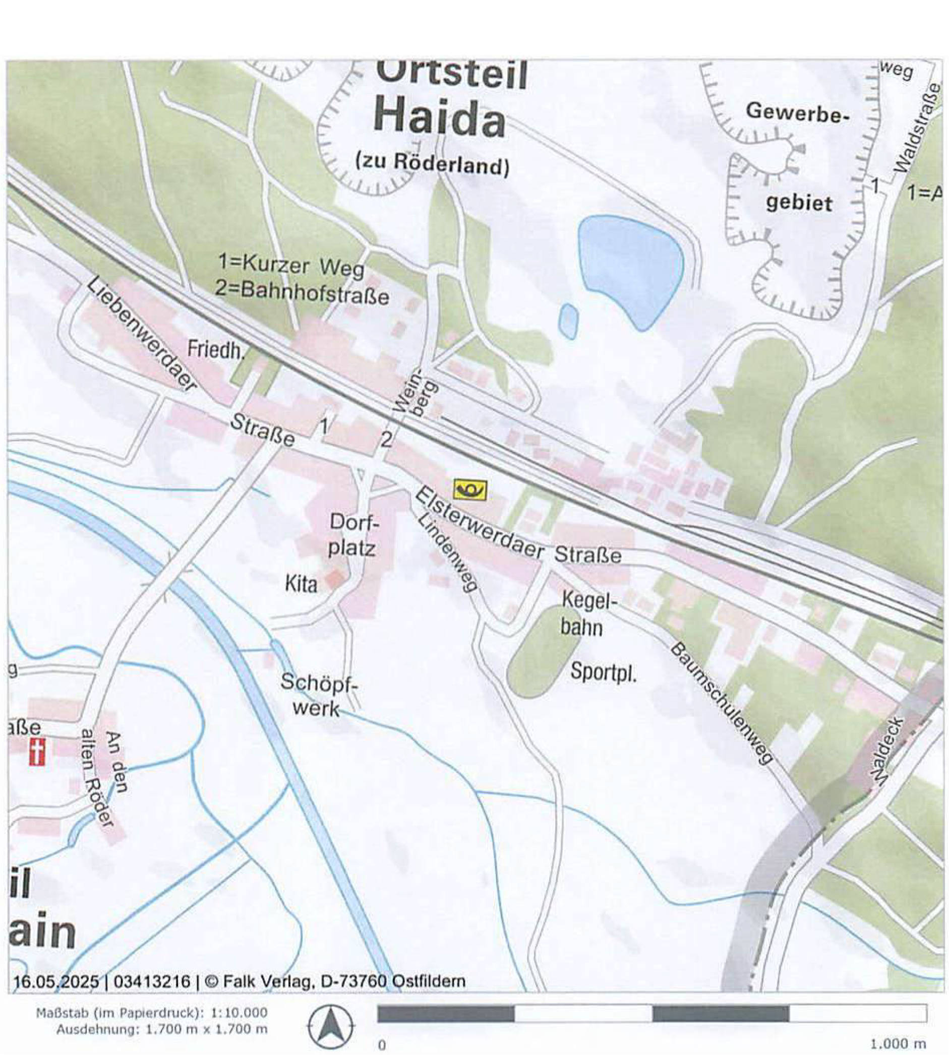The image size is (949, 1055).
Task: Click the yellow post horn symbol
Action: pyautogui.click(x=470, y=490)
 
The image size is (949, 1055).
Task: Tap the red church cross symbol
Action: pyautogui.click(x=36, y=752)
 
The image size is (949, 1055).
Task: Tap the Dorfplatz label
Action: pyautogui.click(x=352, y=535)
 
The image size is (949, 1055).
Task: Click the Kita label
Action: pyautogui.click(x=301, y=584)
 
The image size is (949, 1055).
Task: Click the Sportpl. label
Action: pyautogui.click(x=603, y=672)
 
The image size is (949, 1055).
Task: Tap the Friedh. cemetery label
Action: pyautogui.click(x=216, y=350)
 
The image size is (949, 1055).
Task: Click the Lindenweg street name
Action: pyautogui.click(x=448, y=552)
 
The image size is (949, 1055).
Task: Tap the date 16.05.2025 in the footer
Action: pyautogui.click(x=55, y=981)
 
